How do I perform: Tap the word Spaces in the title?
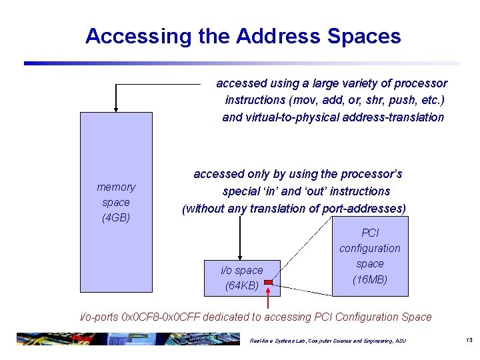coord(369,36)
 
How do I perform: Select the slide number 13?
coord(469,341)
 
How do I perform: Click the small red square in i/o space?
coord(269,283)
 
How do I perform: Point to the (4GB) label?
coord(116,217)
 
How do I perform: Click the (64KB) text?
coord(241,285)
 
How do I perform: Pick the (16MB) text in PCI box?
coord(369,279)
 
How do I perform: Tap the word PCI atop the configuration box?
coord(370,233)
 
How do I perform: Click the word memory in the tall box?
coord(116,187)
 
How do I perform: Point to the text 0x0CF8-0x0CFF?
coord(162,317)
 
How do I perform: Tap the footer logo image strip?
coord(127,339)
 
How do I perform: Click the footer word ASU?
coord(400,341)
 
